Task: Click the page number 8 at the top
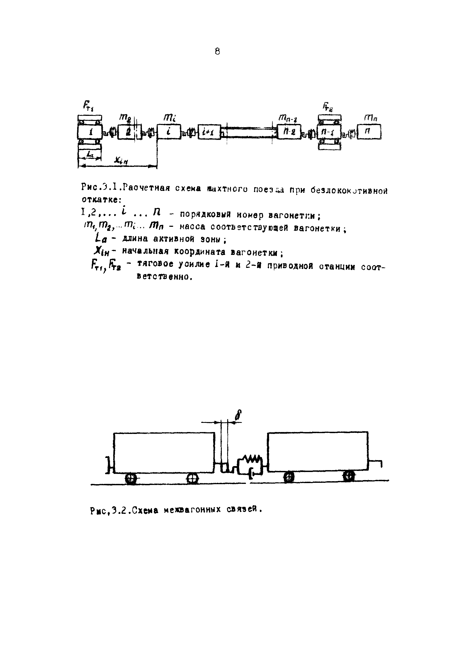coord(217,52)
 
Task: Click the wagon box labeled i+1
coord(209,132)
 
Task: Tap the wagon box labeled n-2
coord(288,132)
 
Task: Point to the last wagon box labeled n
coord(369,132)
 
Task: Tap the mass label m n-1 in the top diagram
coord(287,117)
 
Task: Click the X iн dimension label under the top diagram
coord(121,161)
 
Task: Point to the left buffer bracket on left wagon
coord(108,465)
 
